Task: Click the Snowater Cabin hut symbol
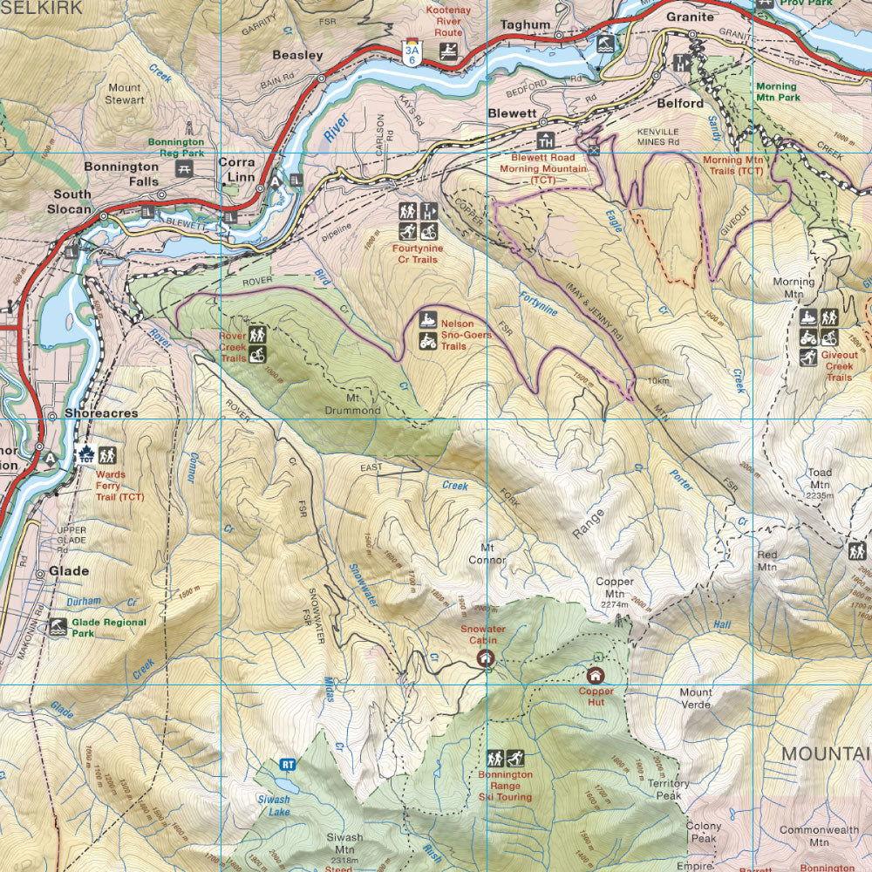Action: [x=486, y=659]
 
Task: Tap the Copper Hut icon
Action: [x=596, y=675]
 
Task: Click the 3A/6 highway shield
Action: [x=411, y=52]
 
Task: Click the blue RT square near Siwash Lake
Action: [x=287, y=765]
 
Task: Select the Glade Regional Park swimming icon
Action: [x=58, y=626]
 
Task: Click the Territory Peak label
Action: [x=668, y=789]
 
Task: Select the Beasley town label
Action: [x=297, y=54]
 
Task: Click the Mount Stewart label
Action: [x=126, y=93]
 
